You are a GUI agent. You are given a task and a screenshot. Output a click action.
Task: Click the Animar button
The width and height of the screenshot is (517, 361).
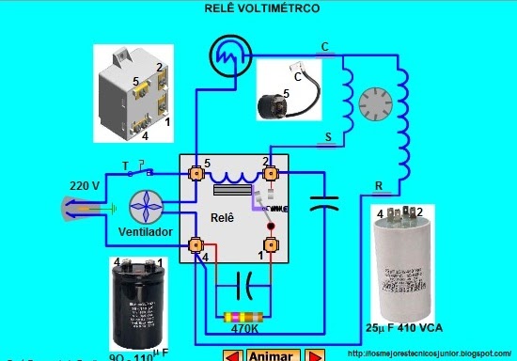click(272, 355)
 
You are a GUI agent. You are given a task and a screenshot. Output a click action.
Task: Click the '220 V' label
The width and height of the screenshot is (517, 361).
click(85, 185)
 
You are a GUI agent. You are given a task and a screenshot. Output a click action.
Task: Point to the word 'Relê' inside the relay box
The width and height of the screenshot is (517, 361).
click(222, 216)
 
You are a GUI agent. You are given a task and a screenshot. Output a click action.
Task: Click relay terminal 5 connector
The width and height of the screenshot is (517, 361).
click(196, 174)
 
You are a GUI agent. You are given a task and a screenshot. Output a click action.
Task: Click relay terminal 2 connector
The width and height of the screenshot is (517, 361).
click(272, 174)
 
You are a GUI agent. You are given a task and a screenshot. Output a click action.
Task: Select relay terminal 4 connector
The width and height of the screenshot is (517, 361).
click(196, 246)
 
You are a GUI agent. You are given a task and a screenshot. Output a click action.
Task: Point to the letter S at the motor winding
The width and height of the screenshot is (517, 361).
click(328, 138)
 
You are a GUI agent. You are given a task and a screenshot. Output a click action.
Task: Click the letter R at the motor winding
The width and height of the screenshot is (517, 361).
click(377, 185)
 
